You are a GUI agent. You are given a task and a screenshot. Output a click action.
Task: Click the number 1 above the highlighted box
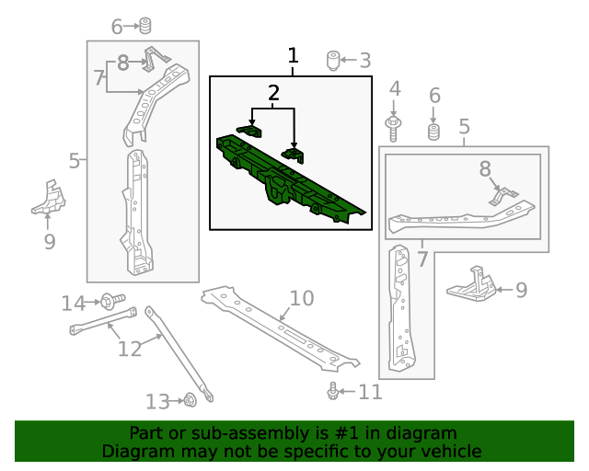pos(293,56)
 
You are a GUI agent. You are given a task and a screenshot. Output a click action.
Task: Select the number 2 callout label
pos(273,93)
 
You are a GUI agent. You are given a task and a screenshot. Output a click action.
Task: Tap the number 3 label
pos(364,62)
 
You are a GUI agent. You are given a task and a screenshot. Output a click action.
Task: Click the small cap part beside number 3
pos(333,62)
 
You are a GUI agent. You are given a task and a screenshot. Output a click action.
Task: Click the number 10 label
pos(302,298)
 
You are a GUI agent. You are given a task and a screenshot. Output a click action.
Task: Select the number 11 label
pos(369,393)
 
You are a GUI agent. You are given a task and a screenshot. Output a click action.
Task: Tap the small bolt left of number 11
pos(332,392)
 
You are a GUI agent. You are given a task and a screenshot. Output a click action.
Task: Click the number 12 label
pos(130,349)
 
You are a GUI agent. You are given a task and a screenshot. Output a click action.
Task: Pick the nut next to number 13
pos(189,400)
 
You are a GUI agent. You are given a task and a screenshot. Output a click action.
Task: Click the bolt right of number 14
pos(108,300)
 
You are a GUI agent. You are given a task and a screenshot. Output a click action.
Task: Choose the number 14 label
pos(73,303)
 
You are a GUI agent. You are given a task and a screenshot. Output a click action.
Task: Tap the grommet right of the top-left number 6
pos(145,26)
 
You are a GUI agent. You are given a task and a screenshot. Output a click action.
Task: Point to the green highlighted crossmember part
pos(285,179)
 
